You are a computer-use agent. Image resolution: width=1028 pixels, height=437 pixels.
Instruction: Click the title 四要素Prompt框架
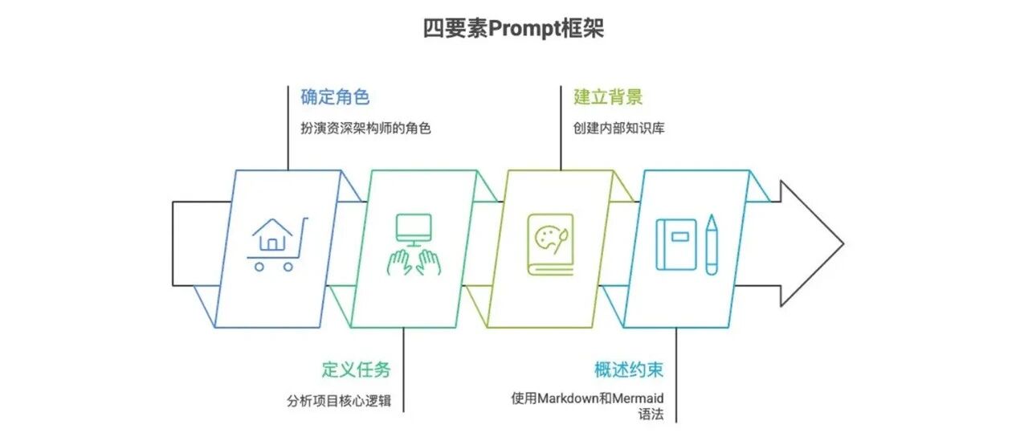click(x=513, y=29)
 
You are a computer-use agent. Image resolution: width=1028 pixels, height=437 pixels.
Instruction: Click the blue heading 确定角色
click(x=335, y=97)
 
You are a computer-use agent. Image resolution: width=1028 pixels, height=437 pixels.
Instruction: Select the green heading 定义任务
click(x=356, y=370)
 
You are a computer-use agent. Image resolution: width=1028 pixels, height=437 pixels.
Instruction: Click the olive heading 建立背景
click(x=608, y=97)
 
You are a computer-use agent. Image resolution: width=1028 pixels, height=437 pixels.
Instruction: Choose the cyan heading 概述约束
click(x=629, y=370)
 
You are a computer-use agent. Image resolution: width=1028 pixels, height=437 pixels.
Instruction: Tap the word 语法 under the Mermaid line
click(x=651, y=415)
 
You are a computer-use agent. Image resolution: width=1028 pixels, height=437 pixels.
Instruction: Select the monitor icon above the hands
click(x=414, y=228)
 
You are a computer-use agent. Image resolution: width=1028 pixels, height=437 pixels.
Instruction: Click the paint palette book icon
click(x=550, y=244)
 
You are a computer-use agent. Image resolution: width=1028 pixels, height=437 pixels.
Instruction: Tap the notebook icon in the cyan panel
click(x=676, y=244)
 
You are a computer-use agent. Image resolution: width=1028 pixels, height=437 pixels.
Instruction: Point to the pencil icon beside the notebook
click(x=712, y=244)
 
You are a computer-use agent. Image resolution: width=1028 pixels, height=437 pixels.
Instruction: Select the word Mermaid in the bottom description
click(x=645, y=398)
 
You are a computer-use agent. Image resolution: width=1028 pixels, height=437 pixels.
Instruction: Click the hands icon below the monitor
click(x=414, y=262)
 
